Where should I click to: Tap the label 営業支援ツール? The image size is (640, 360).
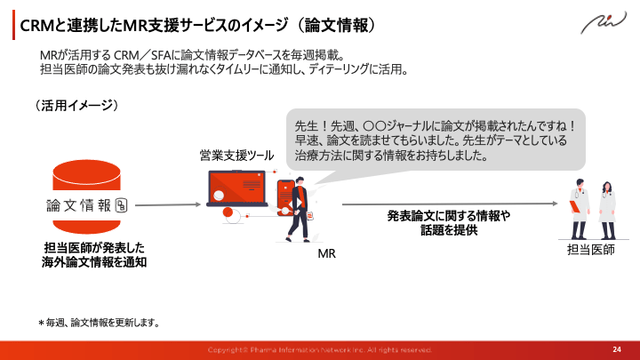pyautogui.click(x=236, y=156)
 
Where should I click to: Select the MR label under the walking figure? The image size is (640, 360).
pyautogui.click(x=326, y=253)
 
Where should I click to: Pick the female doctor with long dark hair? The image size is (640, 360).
pyautogui.click(x=607, y=207)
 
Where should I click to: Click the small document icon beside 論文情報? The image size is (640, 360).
pyautogui.click(x=122, y=204)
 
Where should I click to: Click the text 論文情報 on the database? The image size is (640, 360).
pyautogui.click(x=79, y=204)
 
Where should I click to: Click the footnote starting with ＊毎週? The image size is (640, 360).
pyautogui.click(x=98, y=323)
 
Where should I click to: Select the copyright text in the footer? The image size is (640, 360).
pyautogui.click(x=319, y=348)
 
